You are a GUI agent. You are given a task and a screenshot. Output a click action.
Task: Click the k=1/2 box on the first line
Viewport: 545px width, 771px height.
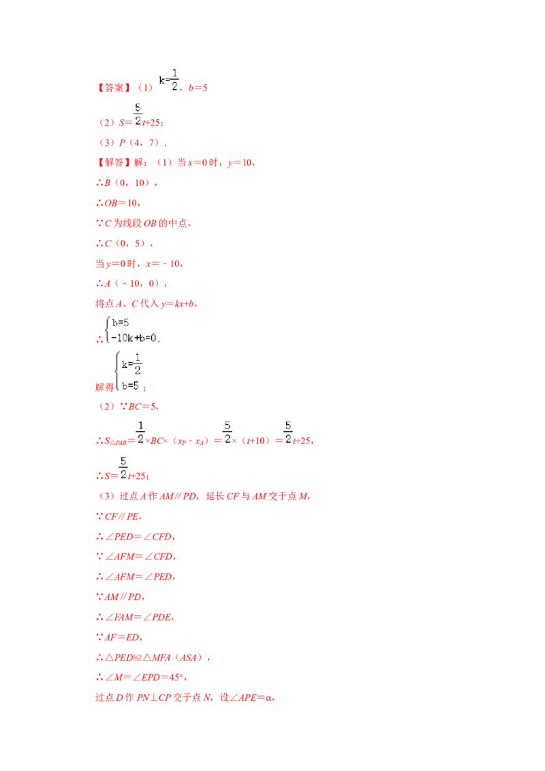coord(166,79)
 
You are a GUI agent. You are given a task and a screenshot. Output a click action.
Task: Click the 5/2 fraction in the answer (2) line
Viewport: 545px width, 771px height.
coord(138,114)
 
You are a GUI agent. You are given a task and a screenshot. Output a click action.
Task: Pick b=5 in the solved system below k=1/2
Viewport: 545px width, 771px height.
coord(130,385)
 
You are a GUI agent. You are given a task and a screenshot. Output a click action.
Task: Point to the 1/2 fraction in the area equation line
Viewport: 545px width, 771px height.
coord(140,433)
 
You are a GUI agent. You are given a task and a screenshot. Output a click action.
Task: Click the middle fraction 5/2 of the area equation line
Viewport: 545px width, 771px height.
coord(226,433)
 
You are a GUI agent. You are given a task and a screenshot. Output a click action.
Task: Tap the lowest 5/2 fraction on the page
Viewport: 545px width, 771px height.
coord(123,467)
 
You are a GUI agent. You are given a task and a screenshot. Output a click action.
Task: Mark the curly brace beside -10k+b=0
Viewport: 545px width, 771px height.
coord(108,330)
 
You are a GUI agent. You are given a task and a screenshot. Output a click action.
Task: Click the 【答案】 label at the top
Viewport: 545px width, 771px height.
coord(109,87)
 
